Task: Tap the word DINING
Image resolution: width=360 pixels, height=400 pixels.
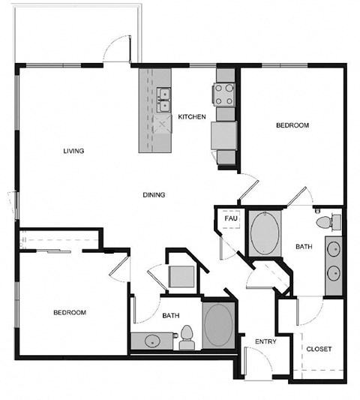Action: pos(154,195)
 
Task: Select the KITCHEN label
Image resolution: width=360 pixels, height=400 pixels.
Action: pos(191,116)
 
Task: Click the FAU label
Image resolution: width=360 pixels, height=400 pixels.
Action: pos(231,218)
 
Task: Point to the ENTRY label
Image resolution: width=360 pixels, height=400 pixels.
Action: pos(265,342)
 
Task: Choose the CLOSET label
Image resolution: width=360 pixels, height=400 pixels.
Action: pos(319,349)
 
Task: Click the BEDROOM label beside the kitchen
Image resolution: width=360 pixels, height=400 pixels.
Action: pos(292,125)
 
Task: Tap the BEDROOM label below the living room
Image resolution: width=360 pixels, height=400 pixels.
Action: pos(69,312)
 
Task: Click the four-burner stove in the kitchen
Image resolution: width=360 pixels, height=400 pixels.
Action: pos(226,94)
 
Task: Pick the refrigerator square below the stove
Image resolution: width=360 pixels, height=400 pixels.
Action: pos(225,137)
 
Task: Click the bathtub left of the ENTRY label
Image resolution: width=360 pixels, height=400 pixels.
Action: pos(218,325)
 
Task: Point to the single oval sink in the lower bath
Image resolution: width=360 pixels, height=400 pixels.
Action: pos(154,342)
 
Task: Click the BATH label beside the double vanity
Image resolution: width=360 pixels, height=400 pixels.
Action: pos(303,246)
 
